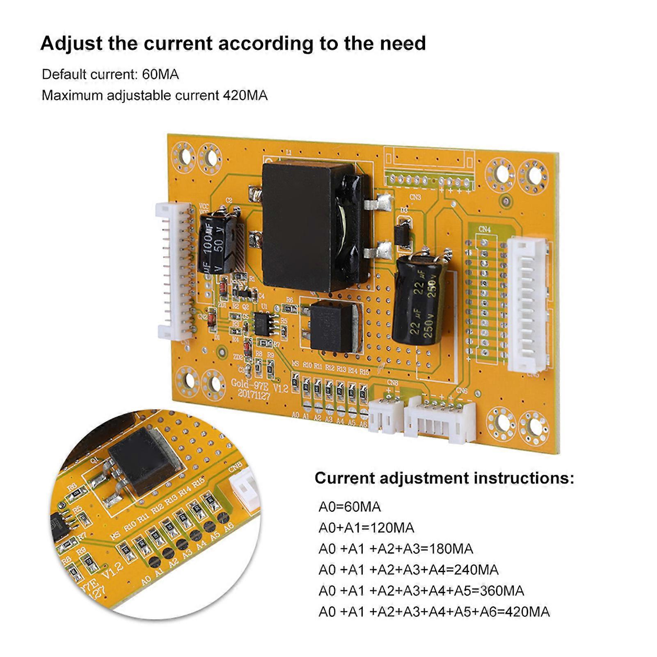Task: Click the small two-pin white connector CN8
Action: tap(386, 415)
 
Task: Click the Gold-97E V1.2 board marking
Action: tap(254, 384)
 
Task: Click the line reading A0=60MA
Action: tap(350, 507)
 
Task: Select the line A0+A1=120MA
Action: tap(366, 528)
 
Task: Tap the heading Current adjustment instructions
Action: tap(444, 478)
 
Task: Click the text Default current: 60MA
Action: tap(110, 74)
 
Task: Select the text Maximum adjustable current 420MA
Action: tap(154, 95)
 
